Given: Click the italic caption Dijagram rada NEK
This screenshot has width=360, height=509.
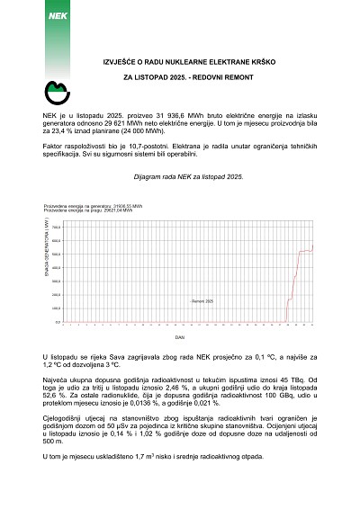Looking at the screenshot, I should tap(162, 178).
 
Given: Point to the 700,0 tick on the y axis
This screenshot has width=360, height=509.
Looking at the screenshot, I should tap(57, 228).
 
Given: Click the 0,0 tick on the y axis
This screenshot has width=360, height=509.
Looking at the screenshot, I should tap(58, 321).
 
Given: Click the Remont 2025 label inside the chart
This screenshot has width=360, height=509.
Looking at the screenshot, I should tap(202, 302).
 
